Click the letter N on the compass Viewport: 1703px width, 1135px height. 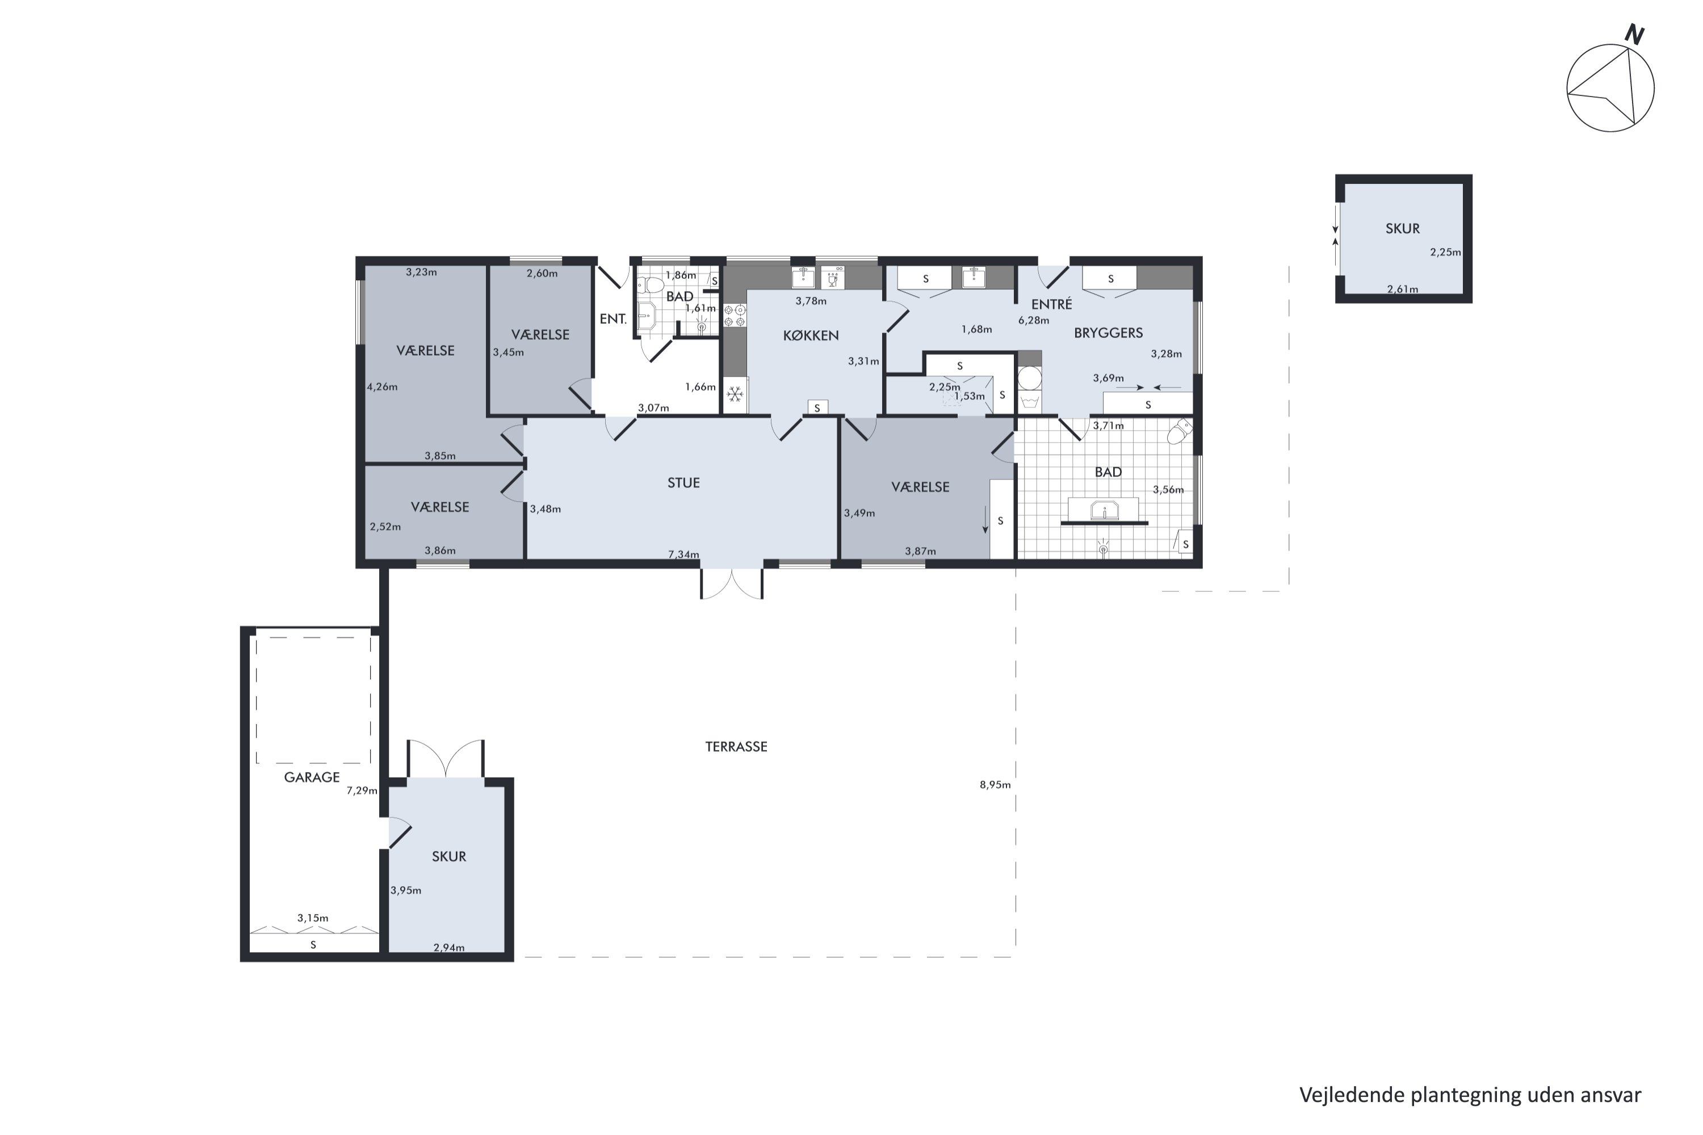pos(1635,34)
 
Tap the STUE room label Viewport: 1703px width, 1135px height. pos(683,483)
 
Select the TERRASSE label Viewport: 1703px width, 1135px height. pos(736,746)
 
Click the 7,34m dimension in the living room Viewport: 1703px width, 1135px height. pos(683,554)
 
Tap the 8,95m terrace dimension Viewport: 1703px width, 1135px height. pos(995,785)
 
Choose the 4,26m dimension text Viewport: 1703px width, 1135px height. pos(381,386)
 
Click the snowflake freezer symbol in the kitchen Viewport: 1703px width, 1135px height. pos(735,394)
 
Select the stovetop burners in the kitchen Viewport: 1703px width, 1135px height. pos(735,316)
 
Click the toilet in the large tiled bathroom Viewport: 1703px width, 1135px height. pos(1179,432)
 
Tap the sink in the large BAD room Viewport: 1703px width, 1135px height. pos(1104,510)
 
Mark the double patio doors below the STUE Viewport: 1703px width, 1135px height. pos(731,584)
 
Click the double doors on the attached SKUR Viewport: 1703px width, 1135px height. pos(445,759)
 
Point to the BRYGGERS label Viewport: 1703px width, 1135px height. pos(1108,333)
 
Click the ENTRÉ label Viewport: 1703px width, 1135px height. pos(1051,304)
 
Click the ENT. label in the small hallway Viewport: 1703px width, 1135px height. pos(613,318)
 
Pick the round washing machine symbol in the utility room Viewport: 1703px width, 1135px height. pos(1029,378)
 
